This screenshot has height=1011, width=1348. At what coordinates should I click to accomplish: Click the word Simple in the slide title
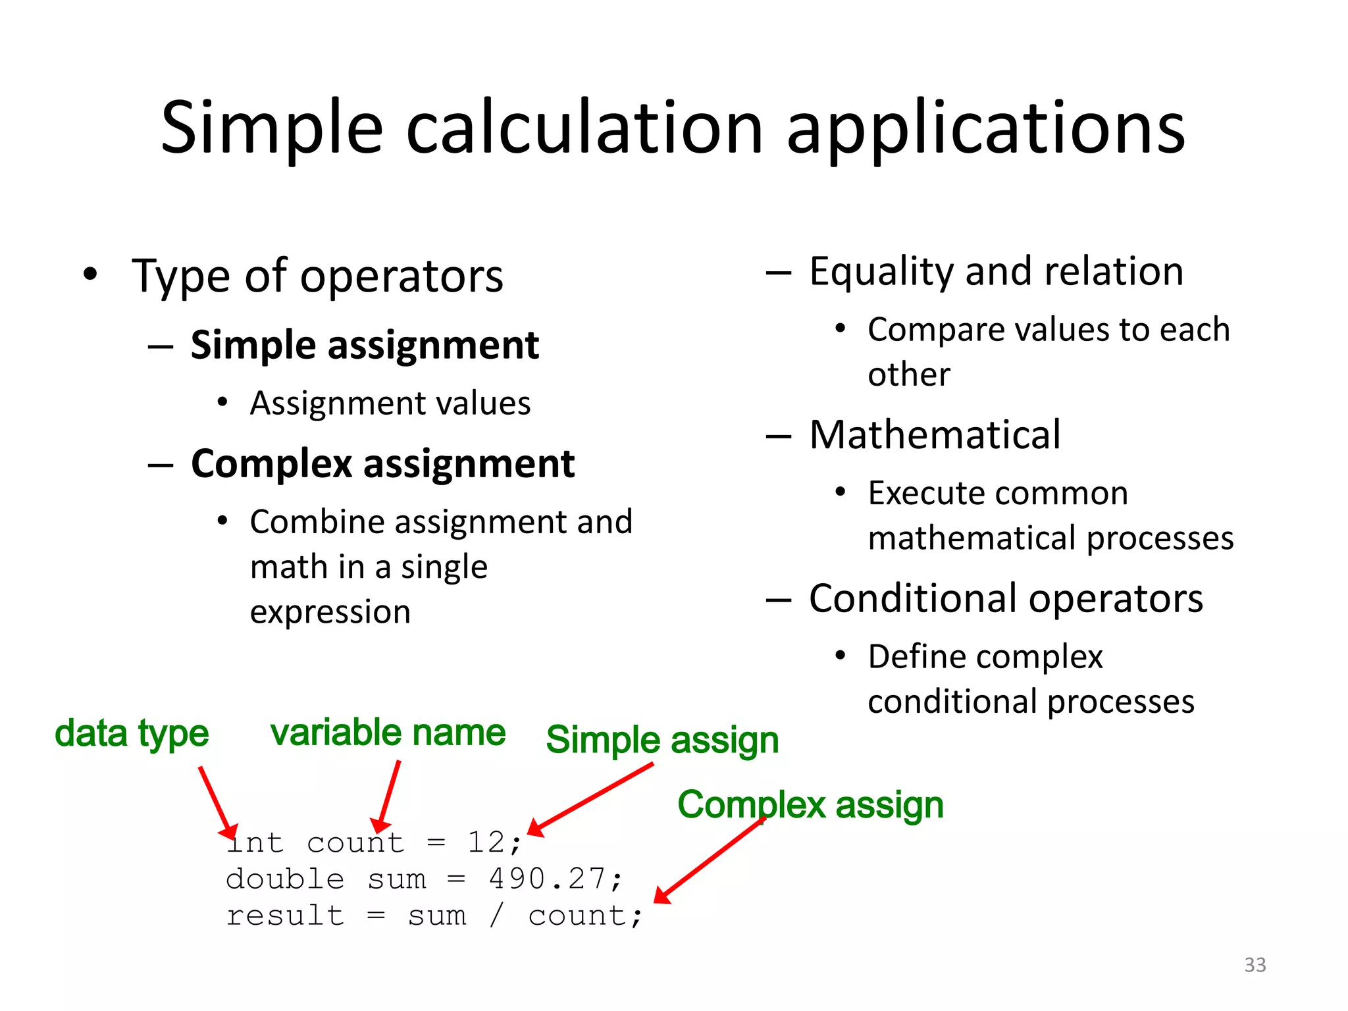tap(271, 128)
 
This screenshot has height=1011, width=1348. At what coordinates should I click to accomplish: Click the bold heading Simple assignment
tap(365, 346)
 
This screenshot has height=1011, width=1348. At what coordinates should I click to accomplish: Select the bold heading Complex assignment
tap(382, 464)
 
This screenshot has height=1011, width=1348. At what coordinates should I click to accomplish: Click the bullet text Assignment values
tap(390, 403)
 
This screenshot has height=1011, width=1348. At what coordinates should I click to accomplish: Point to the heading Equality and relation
tap(996, 272)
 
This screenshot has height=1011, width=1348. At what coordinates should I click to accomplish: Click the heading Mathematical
tap(935, 435)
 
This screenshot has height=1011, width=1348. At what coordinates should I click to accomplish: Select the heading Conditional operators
tap(1006, 599)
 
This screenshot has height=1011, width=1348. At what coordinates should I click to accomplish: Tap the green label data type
tap(132, 733)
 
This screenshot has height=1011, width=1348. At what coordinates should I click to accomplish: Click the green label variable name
tap(388, 733)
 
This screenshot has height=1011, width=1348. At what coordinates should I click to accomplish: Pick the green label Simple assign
tap(662, 740)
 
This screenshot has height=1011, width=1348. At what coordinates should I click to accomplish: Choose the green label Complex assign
tap(810, 805)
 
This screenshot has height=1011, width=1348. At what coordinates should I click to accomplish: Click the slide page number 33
tap(1255, 965)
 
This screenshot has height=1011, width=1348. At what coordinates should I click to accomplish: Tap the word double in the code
tap(285, 879)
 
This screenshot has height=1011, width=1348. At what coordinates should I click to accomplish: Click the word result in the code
tap(285, 916)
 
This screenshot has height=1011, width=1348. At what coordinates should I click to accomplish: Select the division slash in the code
tap(497, 916)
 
